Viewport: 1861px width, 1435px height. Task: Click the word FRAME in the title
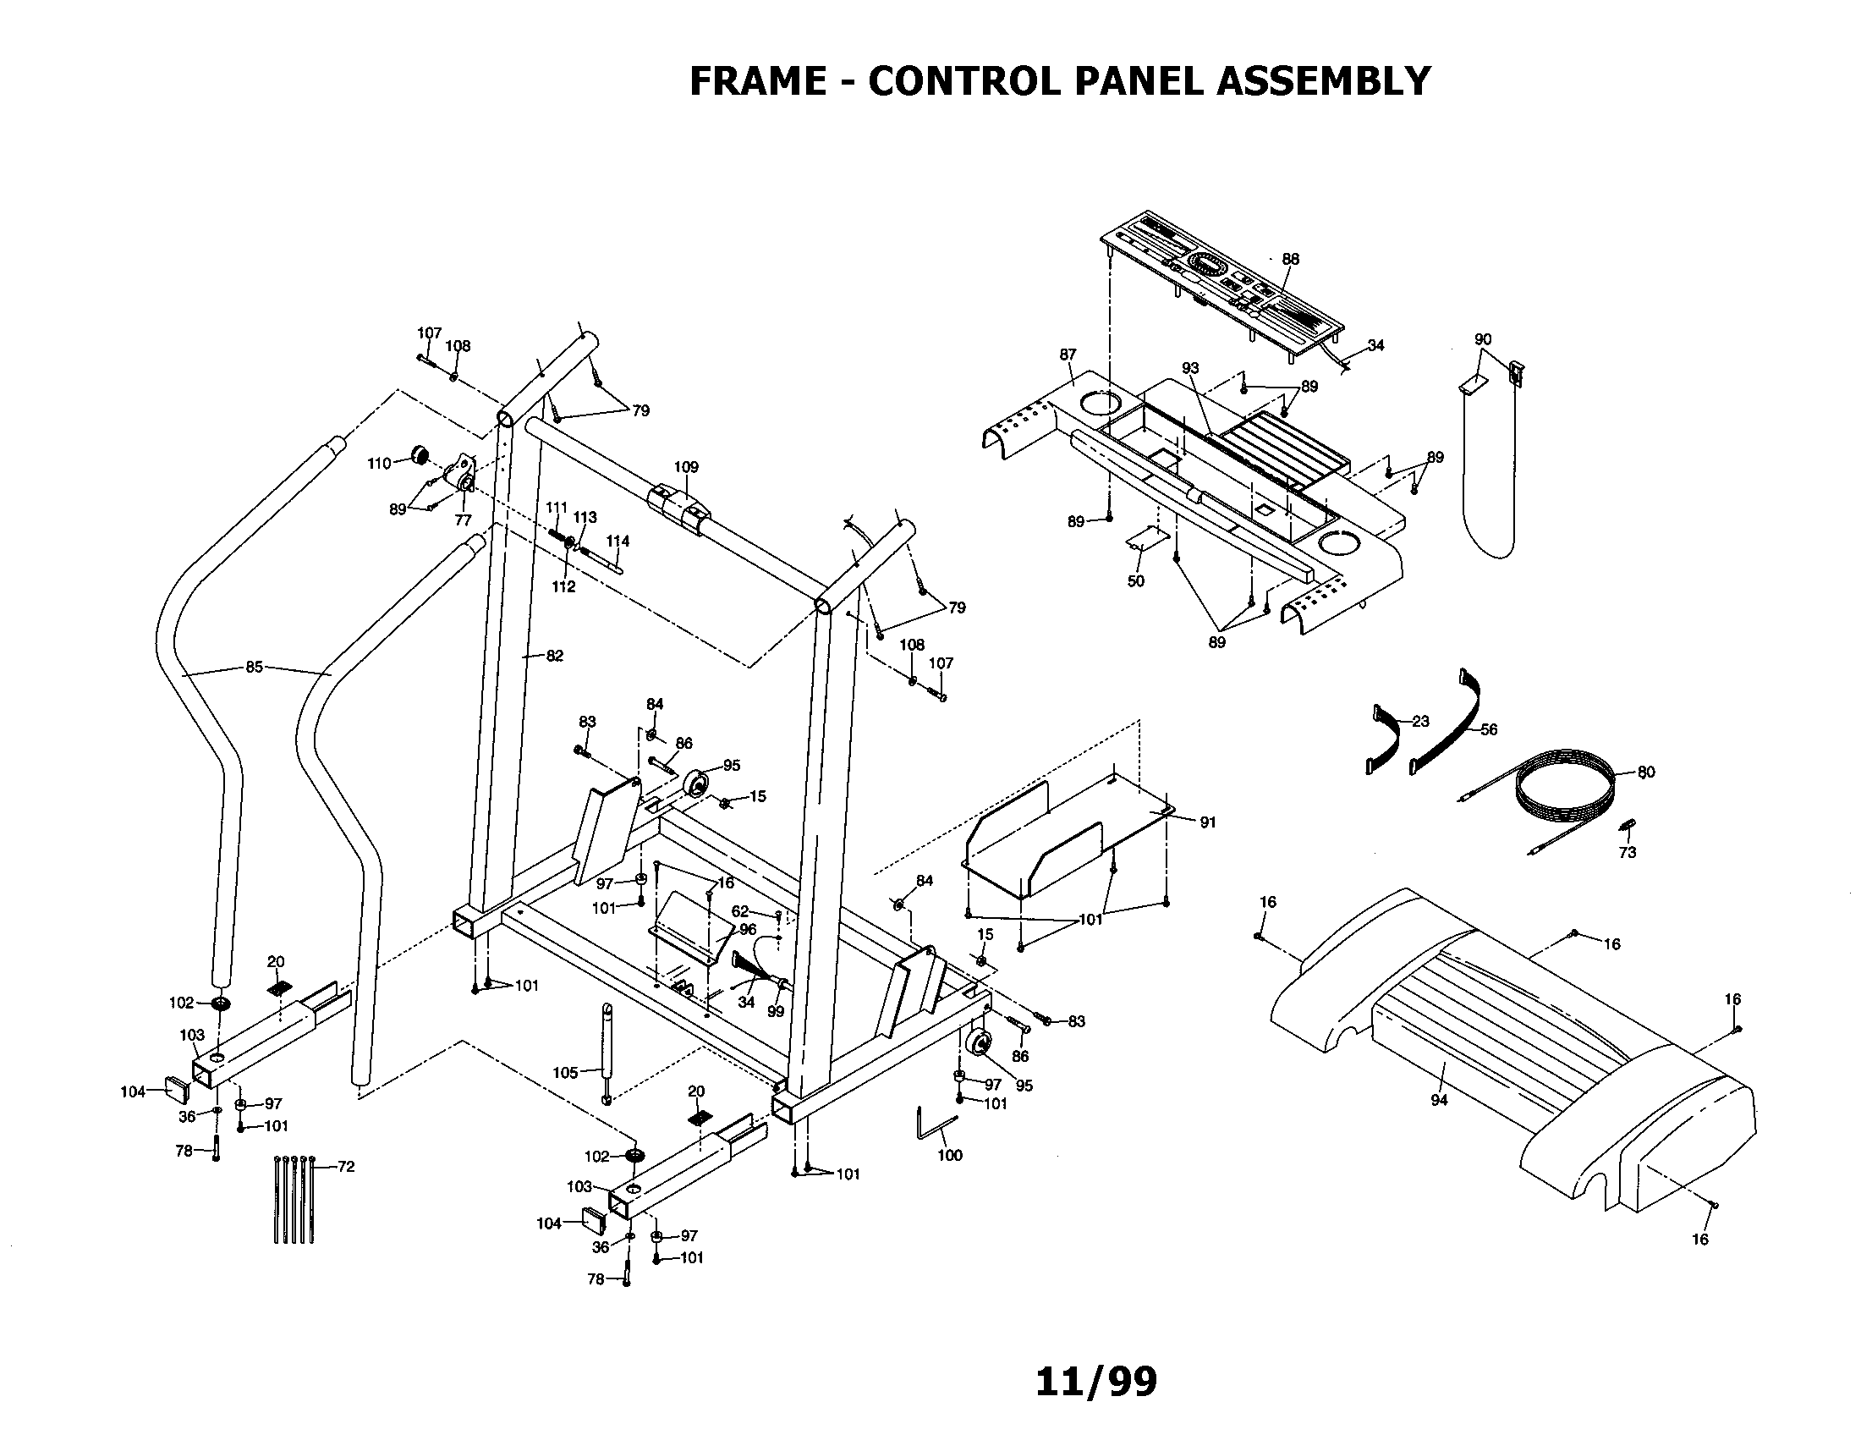pyautogui.click(x=757, y=82)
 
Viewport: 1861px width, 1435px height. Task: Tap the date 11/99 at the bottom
pyautogui.click(x=1095, y=1382)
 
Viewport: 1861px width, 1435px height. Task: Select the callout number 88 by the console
pyautogui.click(x=1290, y=259)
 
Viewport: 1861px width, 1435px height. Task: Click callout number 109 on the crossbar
pyautogui.click(x=685, y=467)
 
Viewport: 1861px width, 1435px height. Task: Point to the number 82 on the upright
pyautogui.click(x=554, y=655)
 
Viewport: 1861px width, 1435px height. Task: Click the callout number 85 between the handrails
pyautogui.click(x=254, y=668)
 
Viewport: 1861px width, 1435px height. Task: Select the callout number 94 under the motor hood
pyautogui.click(x=1438, y=1100)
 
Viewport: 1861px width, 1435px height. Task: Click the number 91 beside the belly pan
pyautogui.click(x=1207, y=822)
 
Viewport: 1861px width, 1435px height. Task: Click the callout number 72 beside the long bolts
pyautogui.click(x=345, y=1167)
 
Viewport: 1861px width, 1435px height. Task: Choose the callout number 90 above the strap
pyautogui.click(x=1483, y=339)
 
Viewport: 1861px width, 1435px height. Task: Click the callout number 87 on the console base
pyautogui.click(x=1068, y=355)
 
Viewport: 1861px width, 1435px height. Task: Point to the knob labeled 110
pyautogui.click(x=419, y=454)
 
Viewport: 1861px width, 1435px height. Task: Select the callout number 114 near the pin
pyautogui.click(x=617, y=542)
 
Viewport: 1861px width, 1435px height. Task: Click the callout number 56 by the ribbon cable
pyautogui.click(x=1488, y=729)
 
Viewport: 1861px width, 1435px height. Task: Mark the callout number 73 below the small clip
pyautogui.click(x=1627, y=852)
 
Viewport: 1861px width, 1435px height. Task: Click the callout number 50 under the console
pyautogui.click(x=1135, y=581)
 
